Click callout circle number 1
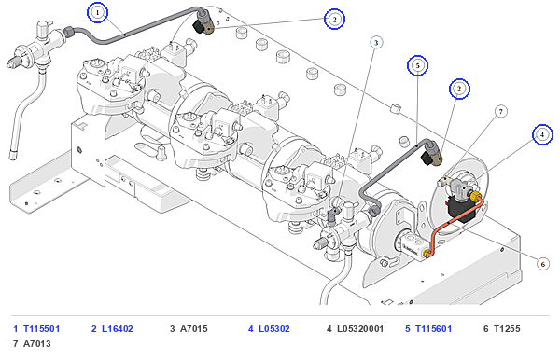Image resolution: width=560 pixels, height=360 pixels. [x=97, y=12]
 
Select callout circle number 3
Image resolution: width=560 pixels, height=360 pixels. [x=376, y=43]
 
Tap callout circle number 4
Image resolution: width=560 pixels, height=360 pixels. [x=542, y=134]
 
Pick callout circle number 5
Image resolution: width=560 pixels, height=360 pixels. [x=417, y=65]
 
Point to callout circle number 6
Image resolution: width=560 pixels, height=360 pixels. [x=543, y=264]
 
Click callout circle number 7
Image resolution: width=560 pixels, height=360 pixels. [x=500, y=112]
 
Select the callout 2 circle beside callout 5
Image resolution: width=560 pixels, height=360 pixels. [x=459, y=89]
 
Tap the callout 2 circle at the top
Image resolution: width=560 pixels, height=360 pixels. [x=334, y=20]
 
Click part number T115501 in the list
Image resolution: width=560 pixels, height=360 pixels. [x=41, y=329]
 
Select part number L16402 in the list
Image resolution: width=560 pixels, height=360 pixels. [x=118, y=329]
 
